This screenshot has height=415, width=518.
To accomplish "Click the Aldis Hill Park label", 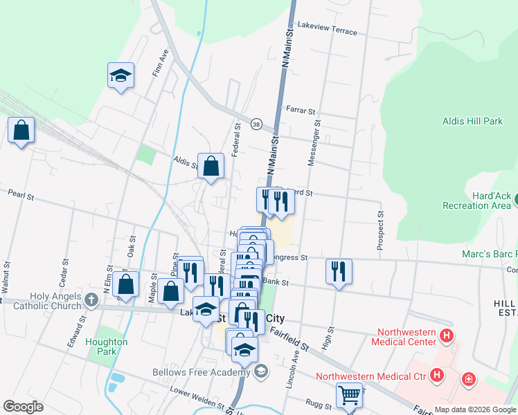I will pyautogui.click(x=472, y=121).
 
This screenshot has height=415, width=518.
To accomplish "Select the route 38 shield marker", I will pyautogui.click(x=256, y=124).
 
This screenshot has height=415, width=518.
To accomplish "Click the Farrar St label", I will pyautogui.click(x=300, y=110).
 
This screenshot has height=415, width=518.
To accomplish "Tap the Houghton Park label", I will pyautogui.click(x=106, y=347).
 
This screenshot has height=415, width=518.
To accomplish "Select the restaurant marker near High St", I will pyautogui.click(x=339, y=270).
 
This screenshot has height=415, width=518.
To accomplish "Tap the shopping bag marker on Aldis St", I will pyautogui.click(x=211, y=165).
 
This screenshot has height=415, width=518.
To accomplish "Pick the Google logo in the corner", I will pyautogui.click(x=23, y=407).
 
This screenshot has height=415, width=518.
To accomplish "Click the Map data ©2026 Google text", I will pyautogui.click(x=474, y=409).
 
